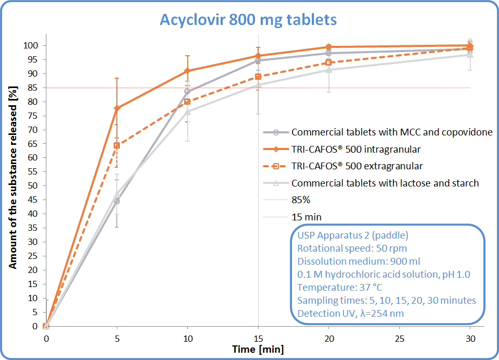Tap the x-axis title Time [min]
(x=258, y=349)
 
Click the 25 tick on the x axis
(x=399, y=337)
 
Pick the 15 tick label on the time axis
(x=258, y=337)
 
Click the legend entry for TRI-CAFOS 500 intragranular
(x=356, y=150)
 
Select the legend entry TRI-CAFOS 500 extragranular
(x=357, y=166)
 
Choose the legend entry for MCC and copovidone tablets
(x=391, y=132)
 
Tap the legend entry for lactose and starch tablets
(x=385, y=183)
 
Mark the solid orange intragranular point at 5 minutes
(x=117, y=108)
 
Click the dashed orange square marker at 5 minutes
(x=117, y=145)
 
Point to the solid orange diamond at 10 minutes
(x=188, y=71)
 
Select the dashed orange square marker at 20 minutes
(x=328, y=63)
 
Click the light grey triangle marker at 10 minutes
(x=188, y=111)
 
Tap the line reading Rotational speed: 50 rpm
(x=352, y=248)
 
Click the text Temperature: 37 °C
(x=342, y=287)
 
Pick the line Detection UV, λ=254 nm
(x=350, y=313)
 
